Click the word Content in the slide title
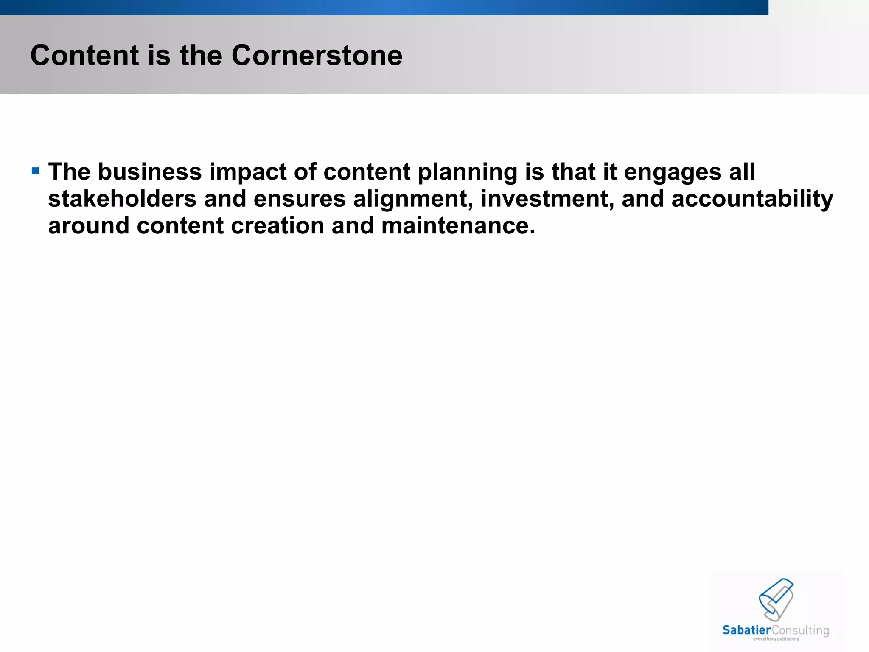84,56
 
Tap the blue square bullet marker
35,171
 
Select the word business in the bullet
150,172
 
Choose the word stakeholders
122,199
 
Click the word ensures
300,199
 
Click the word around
89,225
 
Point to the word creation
278,225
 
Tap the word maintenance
458,225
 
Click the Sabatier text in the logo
746,630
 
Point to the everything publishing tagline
776,639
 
